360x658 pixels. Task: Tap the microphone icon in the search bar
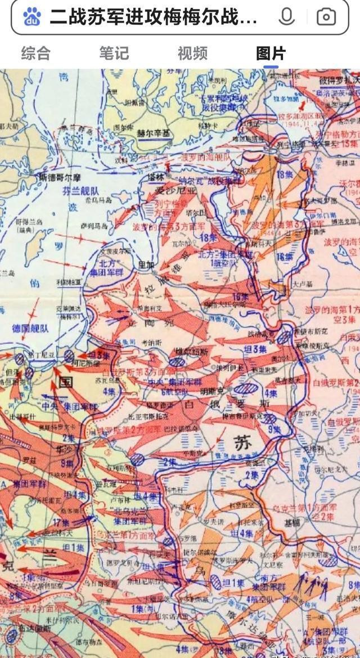(286, 17)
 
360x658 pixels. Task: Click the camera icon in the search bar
(326, 17)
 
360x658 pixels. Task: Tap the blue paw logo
(33, 17)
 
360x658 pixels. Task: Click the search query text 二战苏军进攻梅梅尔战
(153, 17)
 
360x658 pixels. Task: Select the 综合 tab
(36, 53)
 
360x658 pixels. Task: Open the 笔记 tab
(114, 53)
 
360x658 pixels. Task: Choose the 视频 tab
(192, 53)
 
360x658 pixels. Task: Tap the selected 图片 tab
(271, 53)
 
